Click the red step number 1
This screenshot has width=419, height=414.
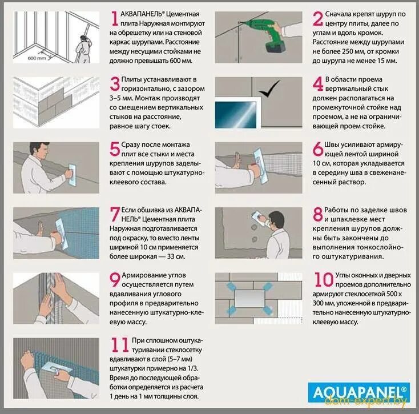[x=115, y=19]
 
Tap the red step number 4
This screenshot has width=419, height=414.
[x=318, y=84]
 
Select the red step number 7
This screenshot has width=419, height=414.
[x=115, y=214]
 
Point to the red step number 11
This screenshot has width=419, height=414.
[x=120, y=345]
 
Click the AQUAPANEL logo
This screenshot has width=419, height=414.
[x=359, y=393]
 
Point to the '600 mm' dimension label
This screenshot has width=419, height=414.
[x=37, y=58]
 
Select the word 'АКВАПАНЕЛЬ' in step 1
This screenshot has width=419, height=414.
[x=141, y=14]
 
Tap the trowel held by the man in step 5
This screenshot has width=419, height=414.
[x=72, y=175]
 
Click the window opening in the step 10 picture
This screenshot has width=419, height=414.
[x=249, y=298]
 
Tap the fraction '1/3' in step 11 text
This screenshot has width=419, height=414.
[x=192, y=368]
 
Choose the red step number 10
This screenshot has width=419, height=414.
[x=324, y=280]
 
